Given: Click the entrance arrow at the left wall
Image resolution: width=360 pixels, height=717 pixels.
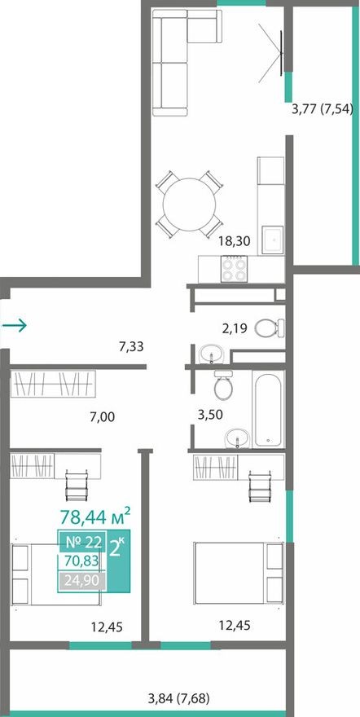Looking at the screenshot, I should click(15, 327).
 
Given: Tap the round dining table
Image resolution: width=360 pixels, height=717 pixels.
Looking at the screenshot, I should click(189, 204).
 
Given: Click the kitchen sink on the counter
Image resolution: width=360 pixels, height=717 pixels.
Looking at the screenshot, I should click(271, 238).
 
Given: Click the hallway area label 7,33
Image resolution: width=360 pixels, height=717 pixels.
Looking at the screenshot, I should click(132, 346).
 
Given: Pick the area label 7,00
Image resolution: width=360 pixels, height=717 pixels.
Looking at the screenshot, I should click(102, 416).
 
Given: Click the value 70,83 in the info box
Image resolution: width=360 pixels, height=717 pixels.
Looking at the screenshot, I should click(80, 561).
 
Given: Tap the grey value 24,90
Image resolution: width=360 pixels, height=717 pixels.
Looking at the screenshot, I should click(80, 582).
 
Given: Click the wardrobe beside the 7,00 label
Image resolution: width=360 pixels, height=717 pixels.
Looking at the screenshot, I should click(54, 383).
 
